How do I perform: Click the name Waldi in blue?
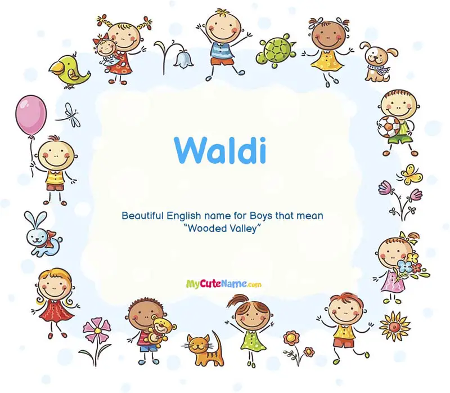pos(220,150)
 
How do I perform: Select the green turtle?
pos(276,50)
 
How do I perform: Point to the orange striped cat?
pos(204,349)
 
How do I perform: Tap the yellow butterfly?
pos(411,174)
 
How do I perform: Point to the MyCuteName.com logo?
pos(224,284)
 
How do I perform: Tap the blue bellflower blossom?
pos(182,59)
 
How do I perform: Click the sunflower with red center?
pos(394,327)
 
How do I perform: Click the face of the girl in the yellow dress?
pos(328,35)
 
